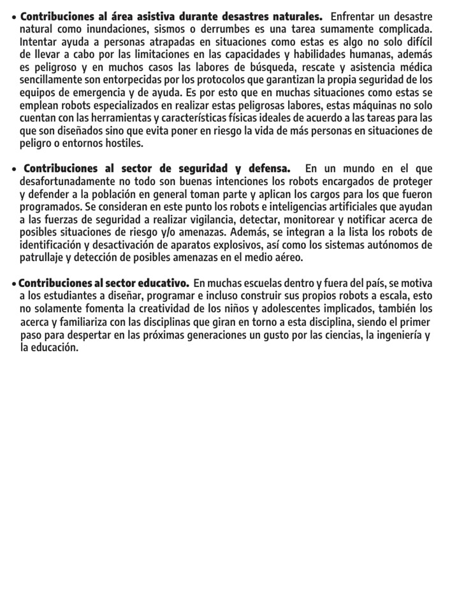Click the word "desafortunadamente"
click(x=67, y=181)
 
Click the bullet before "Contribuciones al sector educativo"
click(x=14, y=284)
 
